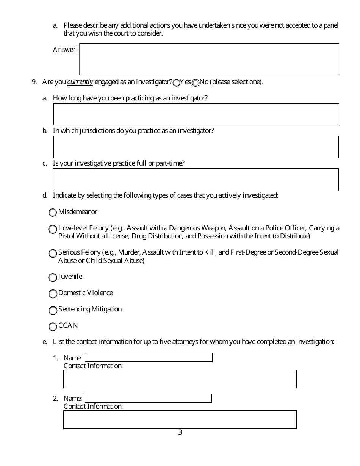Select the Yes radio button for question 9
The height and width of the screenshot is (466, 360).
(x=176, y=83)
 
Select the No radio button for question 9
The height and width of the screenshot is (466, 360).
(x=196, y=83)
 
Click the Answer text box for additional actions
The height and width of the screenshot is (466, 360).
(x=209, y=59)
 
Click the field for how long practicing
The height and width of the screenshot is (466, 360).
(x=196, y=114)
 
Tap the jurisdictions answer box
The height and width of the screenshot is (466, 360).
(x=196, y=147)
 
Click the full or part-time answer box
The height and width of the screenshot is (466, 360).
(x=196, y=180)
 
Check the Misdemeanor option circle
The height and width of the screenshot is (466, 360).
(x=53, y=213)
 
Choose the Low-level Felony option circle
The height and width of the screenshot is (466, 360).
(x=53, y=229)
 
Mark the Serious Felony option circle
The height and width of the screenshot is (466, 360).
(x=53, y=253)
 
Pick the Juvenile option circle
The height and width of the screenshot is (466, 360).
(x=53, y=278)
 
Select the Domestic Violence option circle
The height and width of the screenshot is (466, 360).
(x=53, y=294)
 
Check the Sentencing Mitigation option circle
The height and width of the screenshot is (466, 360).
(x=53, y=311)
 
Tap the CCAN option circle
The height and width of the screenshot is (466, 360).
(x=53, y=327)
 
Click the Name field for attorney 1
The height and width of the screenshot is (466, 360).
(x=148, y=358)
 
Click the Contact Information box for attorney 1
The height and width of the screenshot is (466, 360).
(x=180, y=379)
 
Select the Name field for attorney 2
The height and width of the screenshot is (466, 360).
(x=148, y=398)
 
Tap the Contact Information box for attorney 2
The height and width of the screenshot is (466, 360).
(x=180, y=420)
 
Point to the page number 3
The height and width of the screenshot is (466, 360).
(x=180, y=432)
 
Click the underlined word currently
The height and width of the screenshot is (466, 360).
(x=80, y=82)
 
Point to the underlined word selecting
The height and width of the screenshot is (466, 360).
(x=99, y=196)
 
